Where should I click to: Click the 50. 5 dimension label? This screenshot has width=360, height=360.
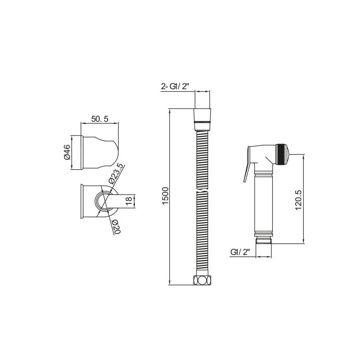click(100, 119)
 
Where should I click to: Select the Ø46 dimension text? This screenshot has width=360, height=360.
click(67, 152)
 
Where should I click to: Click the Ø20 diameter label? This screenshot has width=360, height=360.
click(115, 226)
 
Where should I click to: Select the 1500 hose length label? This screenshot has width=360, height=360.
click(165, 196)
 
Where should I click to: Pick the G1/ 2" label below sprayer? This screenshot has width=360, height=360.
click(240, 252)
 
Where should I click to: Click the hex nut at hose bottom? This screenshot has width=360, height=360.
click(202, 280)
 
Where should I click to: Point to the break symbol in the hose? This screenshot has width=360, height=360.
click(202, 190)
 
